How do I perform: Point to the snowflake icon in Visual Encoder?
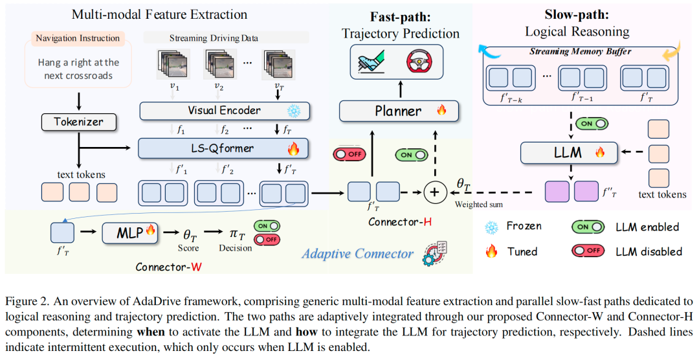pyautogui.click(x=293, y=111)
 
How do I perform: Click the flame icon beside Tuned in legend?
pyautogui.click(x=491, y=251)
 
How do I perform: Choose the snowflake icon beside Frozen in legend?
pyautogui.click(x=491, y=227)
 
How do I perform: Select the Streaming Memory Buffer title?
pyautogui.click(x=581, y=52)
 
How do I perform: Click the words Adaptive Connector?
pyautogui.click(x=357, y=253)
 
